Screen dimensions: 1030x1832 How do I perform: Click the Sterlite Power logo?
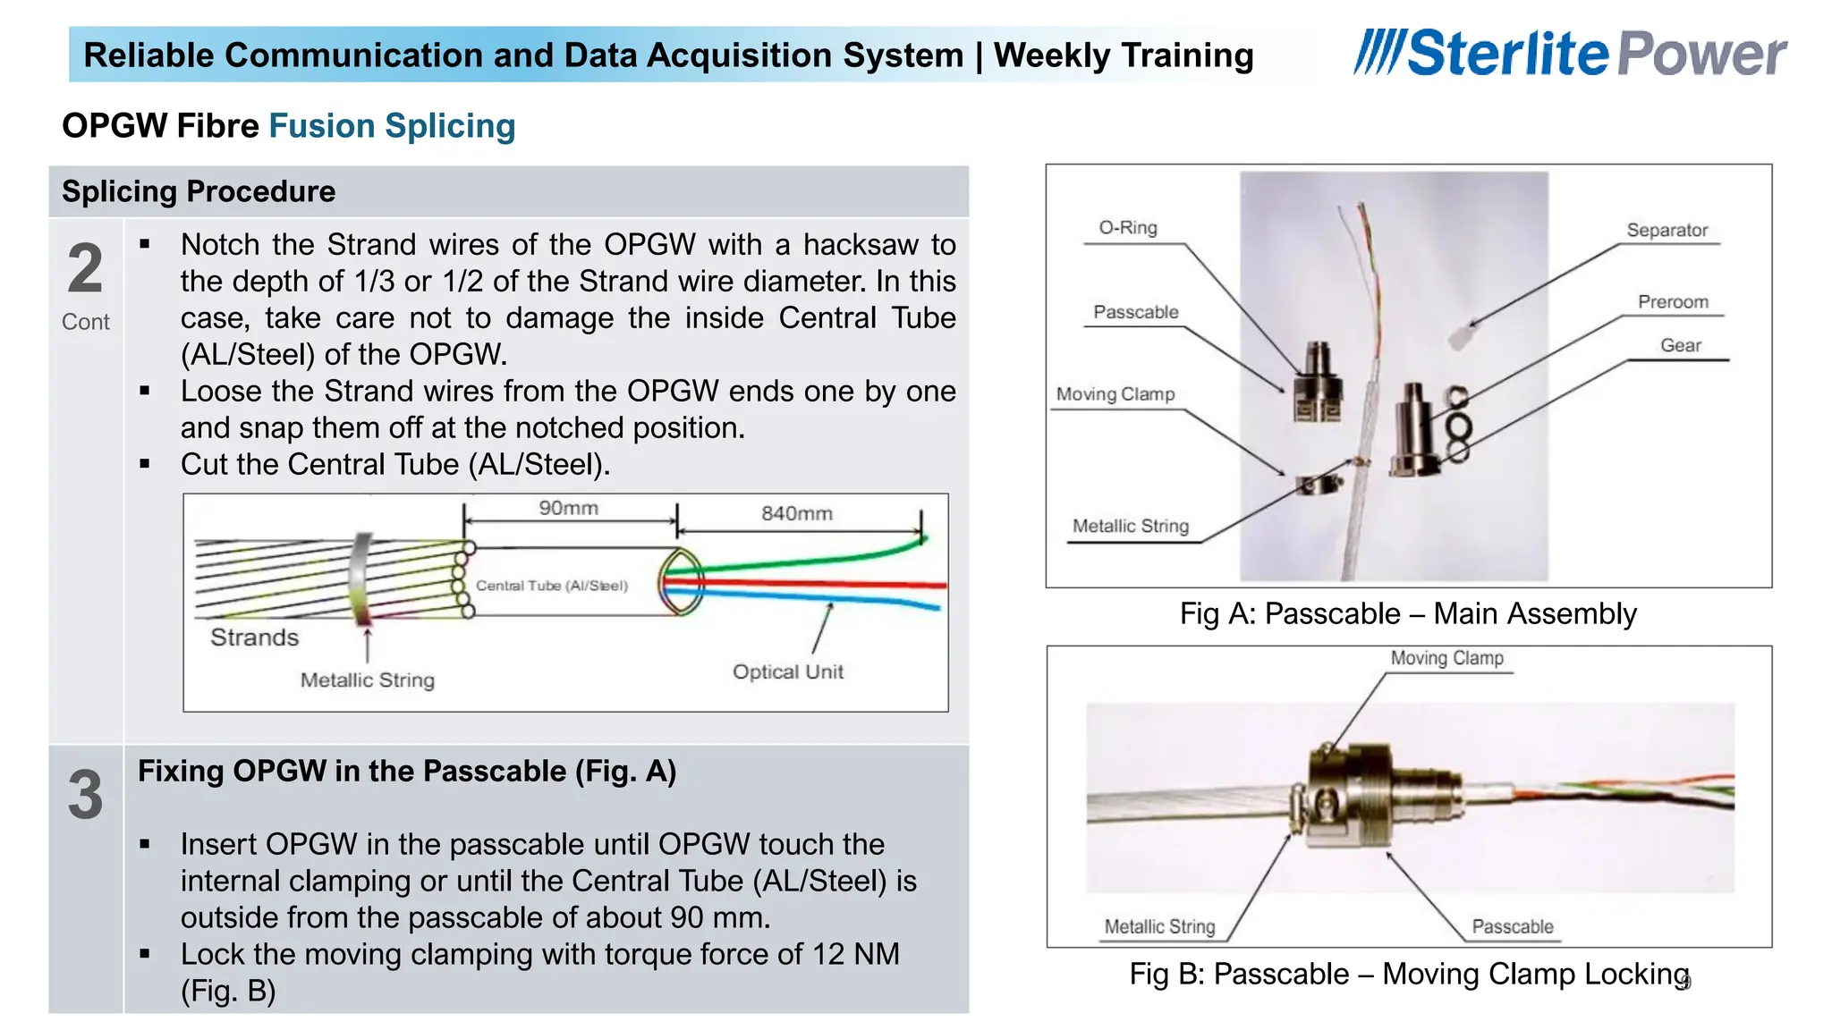(1570, 54)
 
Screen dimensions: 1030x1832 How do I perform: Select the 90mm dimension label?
(568, 508)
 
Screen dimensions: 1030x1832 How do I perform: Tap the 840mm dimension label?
(796, 513)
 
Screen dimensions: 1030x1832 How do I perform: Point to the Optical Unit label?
(787, 671)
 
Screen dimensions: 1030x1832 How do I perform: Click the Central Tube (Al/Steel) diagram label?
(552, 586)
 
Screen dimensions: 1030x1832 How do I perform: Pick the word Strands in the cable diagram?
(254, 637)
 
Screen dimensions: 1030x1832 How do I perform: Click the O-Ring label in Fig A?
(1127, 227)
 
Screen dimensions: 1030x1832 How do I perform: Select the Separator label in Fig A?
(1667, 230)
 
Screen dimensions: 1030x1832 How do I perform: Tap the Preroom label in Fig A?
(1672, 302)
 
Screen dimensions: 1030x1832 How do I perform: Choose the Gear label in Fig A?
(1680, 345)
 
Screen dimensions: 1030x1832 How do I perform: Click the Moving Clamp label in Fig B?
(1446, 658)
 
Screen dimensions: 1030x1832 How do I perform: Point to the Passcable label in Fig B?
(1512, 926)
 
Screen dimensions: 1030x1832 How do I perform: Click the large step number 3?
(86, 794)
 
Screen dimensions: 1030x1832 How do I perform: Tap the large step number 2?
(86, 268)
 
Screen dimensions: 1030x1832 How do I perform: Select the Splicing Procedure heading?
(199, 191)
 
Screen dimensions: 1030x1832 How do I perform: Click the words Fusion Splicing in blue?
(392, 126)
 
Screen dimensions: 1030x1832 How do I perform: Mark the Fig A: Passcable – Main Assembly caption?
(1407, 613)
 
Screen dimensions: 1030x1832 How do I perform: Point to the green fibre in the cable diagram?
(805, 561)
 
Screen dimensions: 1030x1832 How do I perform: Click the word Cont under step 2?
(86, 322)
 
